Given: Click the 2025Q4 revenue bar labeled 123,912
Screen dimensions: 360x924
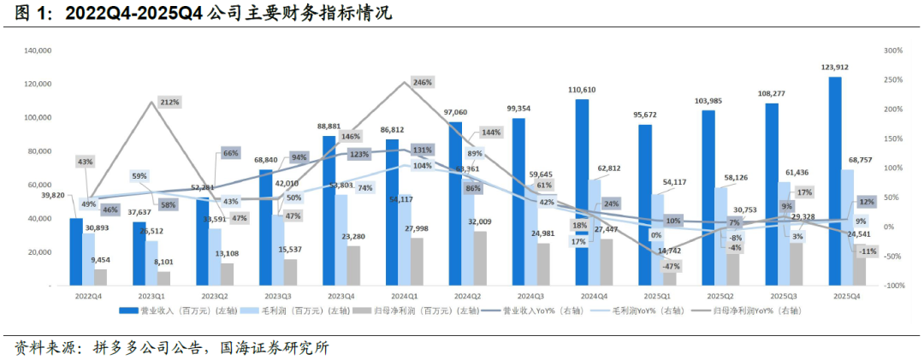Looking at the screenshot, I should click(835, 180).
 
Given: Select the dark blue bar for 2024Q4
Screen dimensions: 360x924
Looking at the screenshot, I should click(582, 192).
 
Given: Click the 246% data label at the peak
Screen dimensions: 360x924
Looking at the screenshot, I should click(422, 82).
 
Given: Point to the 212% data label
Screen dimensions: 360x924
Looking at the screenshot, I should click(169, 103).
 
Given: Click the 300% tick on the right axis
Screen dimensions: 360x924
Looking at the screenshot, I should click(893, 51).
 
